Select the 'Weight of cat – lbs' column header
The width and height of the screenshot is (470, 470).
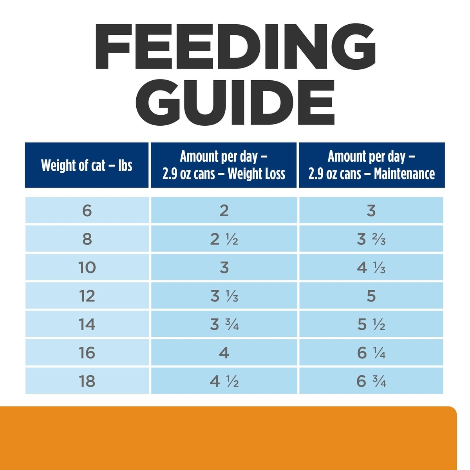tap(87, 165)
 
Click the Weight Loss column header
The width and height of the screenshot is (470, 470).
tap(224, 165)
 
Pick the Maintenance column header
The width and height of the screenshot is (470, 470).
tap(371, 165)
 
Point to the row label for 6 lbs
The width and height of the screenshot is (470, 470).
tap(87, 211)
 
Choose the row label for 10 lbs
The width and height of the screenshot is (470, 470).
tap(87, 268)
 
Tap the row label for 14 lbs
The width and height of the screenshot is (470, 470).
tap(87, 325)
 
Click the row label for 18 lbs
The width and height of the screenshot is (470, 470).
tap(87, 381)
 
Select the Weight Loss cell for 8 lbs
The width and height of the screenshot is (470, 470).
tap(224, 239)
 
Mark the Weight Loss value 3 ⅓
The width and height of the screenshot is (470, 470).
tap(224, 296)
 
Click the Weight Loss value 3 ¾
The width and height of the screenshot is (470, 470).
tap(224, 325)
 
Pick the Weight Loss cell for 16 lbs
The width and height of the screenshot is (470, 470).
tap(224, 353)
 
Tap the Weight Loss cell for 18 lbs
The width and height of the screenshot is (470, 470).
tap(224, 381)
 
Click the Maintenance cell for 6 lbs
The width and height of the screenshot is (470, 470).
tap(371, 211)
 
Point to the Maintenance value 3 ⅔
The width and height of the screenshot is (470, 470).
tap(371, 239)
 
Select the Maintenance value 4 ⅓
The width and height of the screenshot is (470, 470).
tap(371, 268)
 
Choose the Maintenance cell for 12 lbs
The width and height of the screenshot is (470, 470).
tap(371, 296)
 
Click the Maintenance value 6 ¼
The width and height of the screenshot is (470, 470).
tap(371, 353)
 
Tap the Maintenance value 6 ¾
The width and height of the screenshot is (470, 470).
tap(371, 381)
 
